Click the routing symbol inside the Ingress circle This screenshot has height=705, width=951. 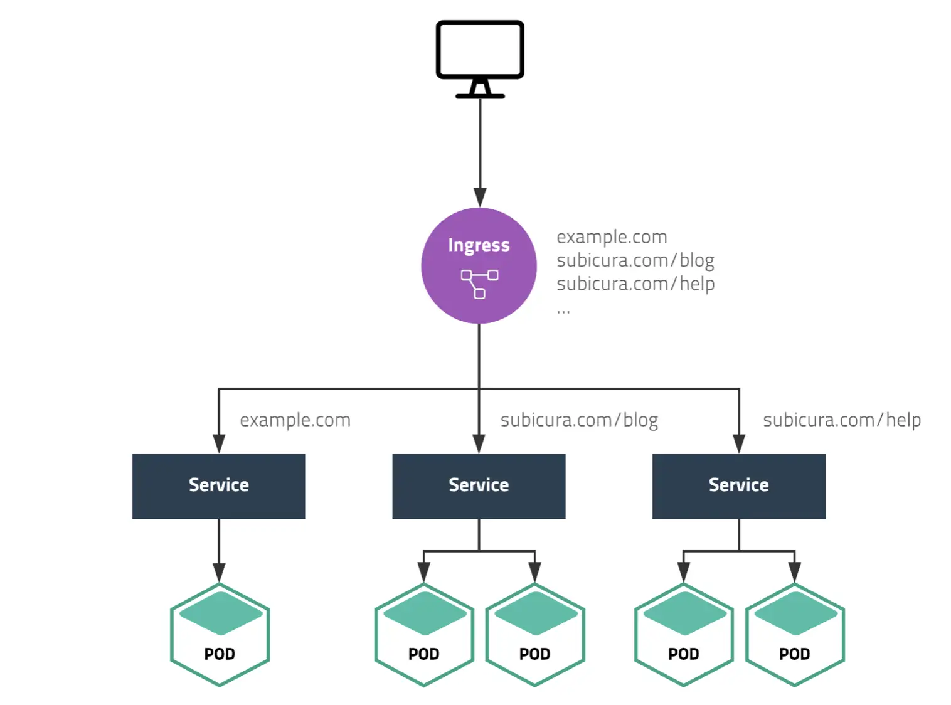[480, 284]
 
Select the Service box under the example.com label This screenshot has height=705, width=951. [219, 486]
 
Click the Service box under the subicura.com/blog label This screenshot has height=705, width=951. [479, 486]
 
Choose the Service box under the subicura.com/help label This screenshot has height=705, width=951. [738, 486]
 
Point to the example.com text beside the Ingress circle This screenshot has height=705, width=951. [612, 237]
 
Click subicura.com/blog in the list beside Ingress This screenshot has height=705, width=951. [635, 260]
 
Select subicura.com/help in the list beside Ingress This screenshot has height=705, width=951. [635, 284]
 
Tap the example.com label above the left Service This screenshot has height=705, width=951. [295, 420]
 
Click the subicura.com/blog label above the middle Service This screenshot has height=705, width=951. [579, 420]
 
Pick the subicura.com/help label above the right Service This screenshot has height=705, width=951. [841, 420]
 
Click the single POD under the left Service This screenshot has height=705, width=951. [220, 635]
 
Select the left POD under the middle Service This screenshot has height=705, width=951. [424, 635]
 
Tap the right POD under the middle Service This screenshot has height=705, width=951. [535, 635]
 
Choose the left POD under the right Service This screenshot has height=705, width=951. [684, 635]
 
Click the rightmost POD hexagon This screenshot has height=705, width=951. [795, 635]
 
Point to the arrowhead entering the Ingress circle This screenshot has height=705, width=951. [480, 197]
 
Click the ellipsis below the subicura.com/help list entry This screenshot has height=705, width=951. [563, 311]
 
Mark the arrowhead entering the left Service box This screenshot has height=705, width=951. [219, 443]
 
